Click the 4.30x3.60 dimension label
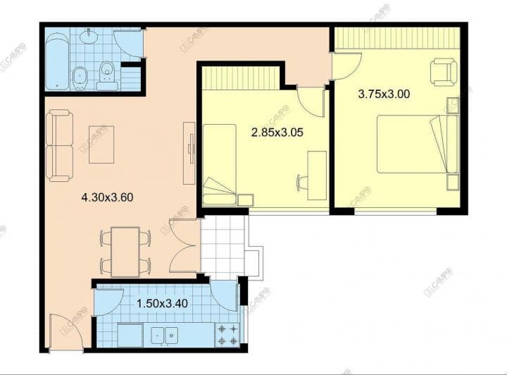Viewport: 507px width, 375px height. (x=107, y=197)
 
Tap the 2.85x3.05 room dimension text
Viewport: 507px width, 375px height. (x=277, y=133)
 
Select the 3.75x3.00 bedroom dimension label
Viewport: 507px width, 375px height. (x=384, y=94)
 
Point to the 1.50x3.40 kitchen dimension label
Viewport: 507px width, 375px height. (x=163, y=304)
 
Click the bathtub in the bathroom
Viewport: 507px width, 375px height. (x=57, y=61)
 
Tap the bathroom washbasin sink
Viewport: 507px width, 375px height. (x=89, y=36)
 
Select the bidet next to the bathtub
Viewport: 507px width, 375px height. (x=80, y=78)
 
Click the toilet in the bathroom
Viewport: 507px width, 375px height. (x=107, y=75)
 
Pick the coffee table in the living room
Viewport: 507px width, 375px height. (x=101, y=145)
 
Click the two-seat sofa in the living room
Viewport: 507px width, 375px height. (x=59, y=145)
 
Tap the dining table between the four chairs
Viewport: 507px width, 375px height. (x=125, y=252)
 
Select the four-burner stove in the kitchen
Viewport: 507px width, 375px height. (x=227, y=336)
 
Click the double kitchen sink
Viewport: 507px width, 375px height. (x=165, y=335)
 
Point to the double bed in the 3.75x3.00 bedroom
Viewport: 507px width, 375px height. (x=418, y=145)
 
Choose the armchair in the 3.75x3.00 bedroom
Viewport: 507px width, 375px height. (x=444, y=72)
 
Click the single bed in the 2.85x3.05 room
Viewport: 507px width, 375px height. (x=220, y=165)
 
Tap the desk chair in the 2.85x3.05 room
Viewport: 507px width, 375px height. (x=302, y=182)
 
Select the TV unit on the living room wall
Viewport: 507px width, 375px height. (x=189, y=153)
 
